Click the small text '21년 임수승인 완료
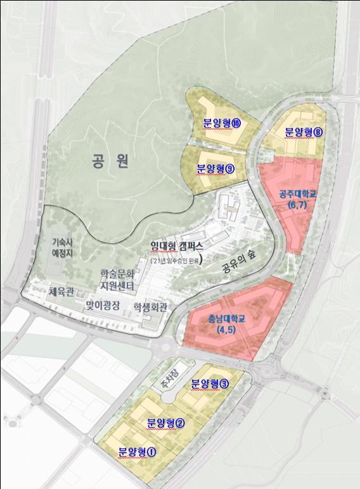point(179,260)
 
